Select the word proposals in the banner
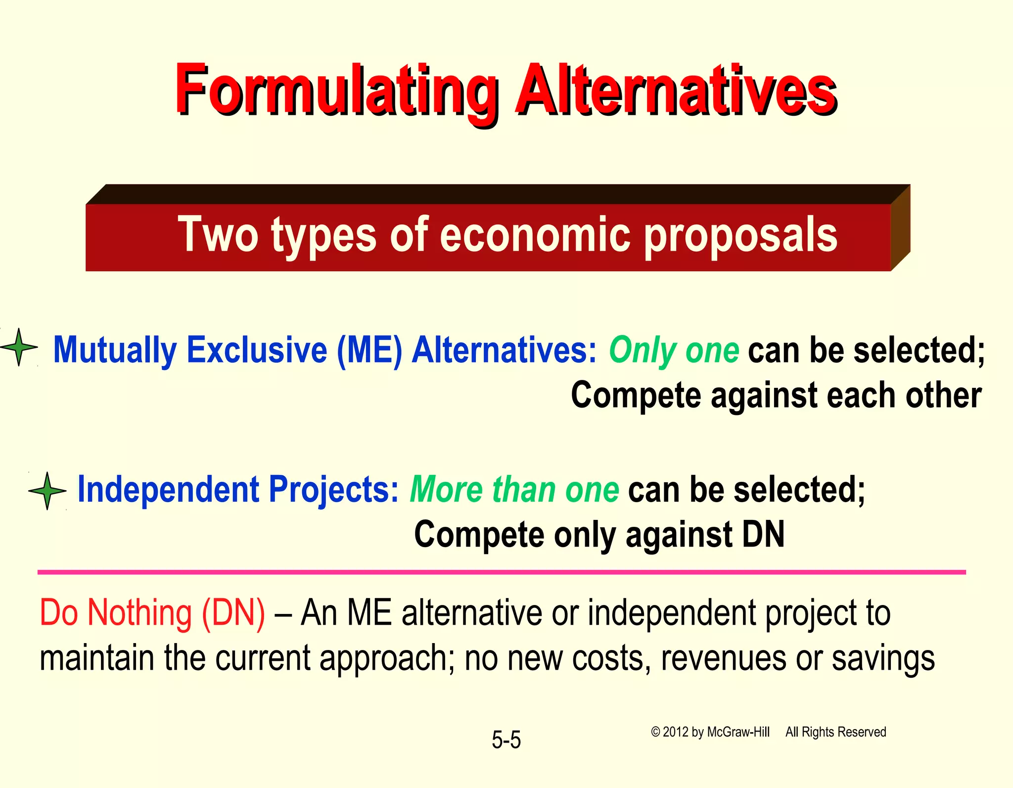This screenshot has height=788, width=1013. (740, 236)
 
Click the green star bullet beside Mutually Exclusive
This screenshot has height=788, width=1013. (19, 347)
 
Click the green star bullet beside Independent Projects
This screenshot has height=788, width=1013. (47, 491)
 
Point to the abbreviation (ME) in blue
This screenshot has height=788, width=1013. (369, 350)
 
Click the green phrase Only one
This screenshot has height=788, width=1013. (674, 350)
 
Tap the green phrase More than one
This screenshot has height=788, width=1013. (514, 490)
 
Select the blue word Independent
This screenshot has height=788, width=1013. (169, 490)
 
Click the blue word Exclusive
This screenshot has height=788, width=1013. (257, 350)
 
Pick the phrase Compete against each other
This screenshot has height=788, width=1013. (776, 396)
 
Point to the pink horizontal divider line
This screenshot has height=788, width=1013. (502, 572)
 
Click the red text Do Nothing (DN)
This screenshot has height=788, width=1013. (152, 613)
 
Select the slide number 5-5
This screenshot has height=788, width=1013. (506, 740)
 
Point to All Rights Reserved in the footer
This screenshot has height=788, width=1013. (835, 732)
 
